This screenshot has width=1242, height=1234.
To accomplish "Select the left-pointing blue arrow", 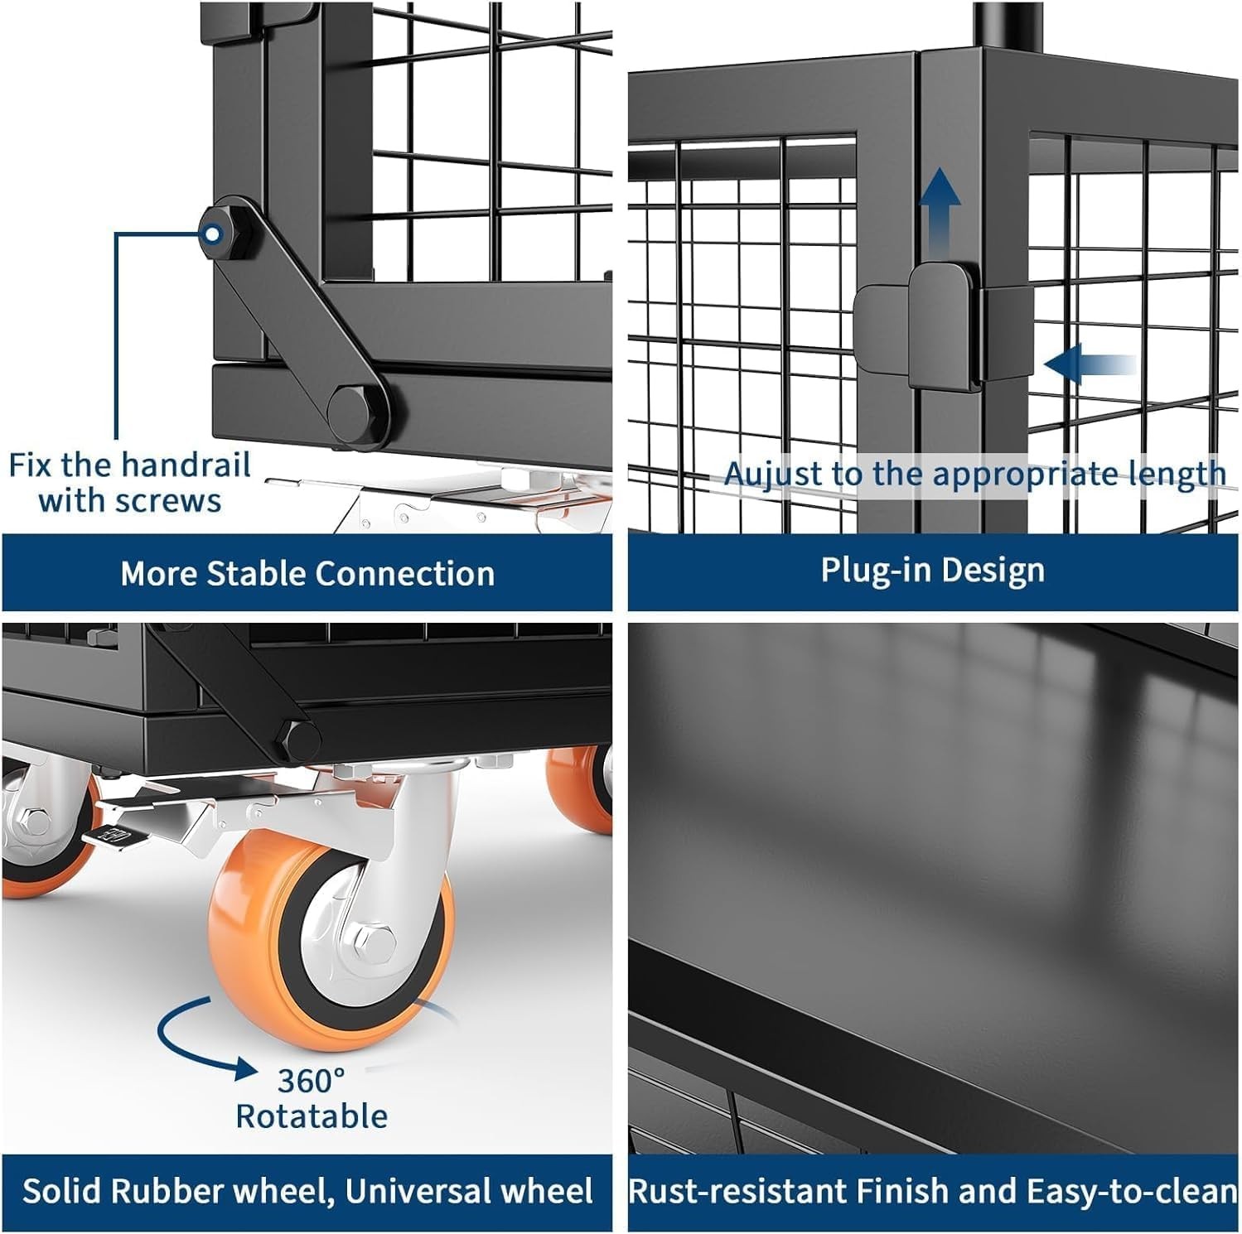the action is [x=1090, y=364].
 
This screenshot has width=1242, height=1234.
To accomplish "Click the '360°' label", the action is [x=311, y=1081].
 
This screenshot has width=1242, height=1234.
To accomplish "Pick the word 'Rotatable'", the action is [x=312, y=1116].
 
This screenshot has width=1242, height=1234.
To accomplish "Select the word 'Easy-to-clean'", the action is [x=1132, y=1192].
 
